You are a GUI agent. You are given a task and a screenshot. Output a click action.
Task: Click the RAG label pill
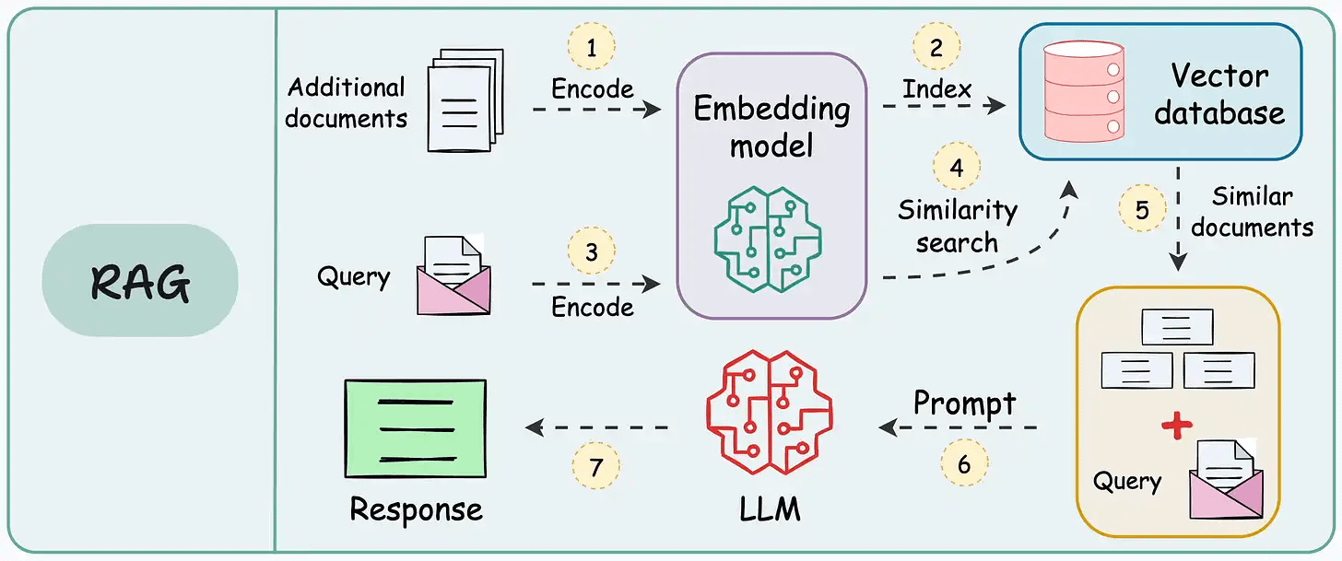pos(140,280)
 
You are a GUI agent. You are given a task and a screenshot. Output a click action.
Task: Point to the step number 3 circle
pos(591,251)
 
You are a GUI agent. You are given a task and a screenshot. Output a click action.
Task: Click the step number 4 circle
pos(957,168)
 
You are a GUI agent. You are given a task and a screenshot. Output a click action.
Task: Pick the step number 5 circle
pos(1142,209)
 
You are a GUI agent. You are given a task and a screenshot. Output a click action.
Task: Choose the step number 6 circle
pos(963,463)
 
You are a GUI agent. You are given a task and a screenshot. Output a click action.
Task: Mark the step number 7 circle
pos(596,468)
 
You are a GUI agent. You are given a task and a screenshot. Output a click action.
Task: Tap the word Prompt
pos(964,403)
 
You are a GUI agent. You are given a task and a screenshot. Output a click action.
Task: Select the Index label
pos(936,89)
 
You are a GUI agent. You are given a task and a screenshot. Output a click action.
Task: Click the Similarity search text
pos(958,227)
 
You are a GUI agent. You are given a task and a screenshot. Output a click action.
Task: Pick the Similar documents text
pos(1252,211)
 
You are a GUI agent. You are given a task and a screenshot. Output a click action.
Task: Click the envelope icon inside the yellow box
pos(1227,479)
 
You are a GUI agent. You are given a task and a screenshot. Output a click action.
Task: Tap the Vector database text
pos(1218,94)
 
